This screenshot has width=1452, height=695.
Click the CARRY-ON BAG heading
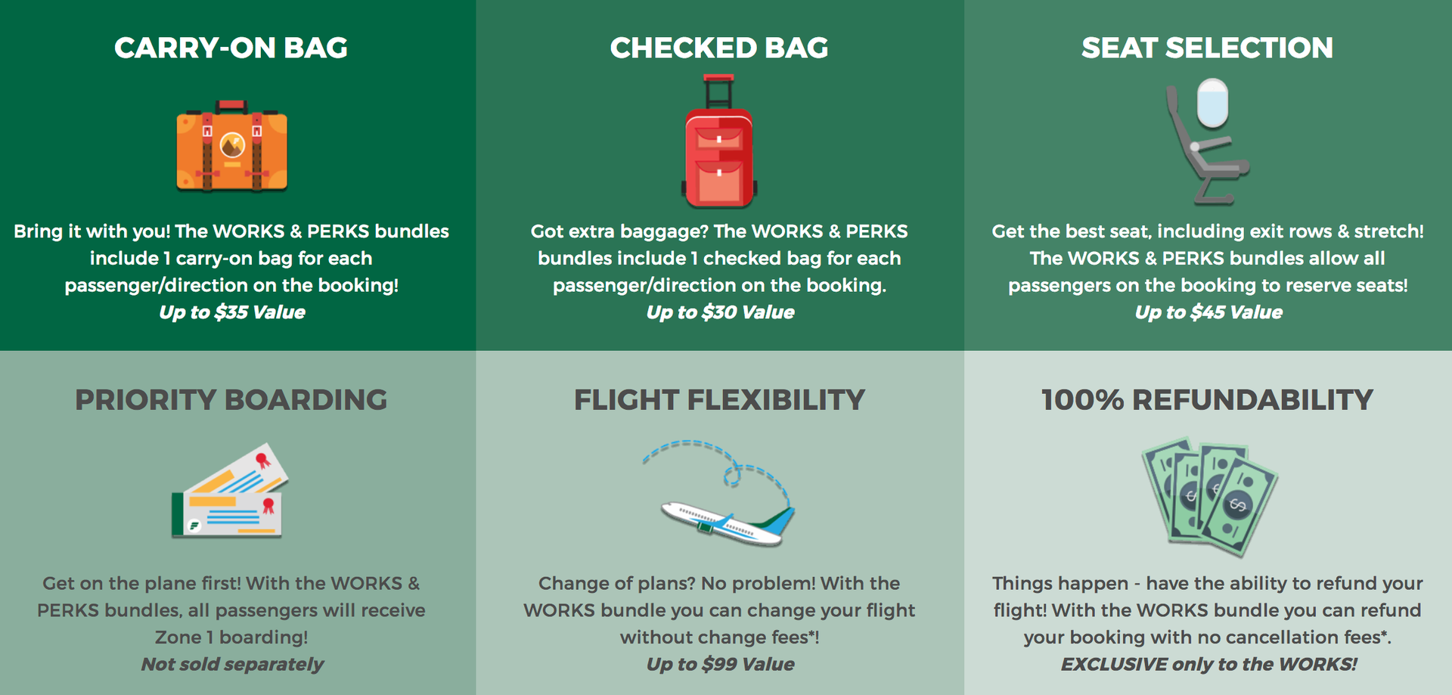click(x=231, y=48)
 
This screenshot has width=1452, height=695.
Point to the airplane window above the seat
click(x=1212, y=103)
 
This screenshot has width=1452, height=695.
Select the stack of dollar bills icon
click(x=1208, y=495)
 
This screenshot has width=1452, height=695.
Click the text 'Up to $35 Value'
click(x=231, y=312)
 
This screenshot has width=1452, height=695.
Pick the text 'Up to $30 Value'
click(x=720, y=312)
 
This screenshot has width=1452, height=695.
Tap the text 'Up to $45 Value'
click(x=1208, y=312)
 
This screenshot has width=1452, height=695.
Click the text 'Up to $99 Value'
click(x=720, y=664)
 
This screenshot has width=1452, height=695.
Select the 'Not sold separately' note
click(x=231, y=664)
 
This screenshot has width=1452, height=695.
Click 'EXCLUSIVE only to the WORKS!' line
click(x=1208, y=664)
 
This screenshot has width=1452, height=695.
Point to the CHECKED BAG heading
click(x=719, y=48)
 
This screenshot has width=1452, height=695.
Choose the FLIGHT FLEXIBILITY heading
click(x=719, y=399)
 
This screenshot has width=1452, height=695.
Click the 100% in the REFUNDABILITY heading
click(x=1082, y=399)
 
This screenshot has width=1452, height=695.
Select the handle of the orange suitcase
click(x=231, y=105)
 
